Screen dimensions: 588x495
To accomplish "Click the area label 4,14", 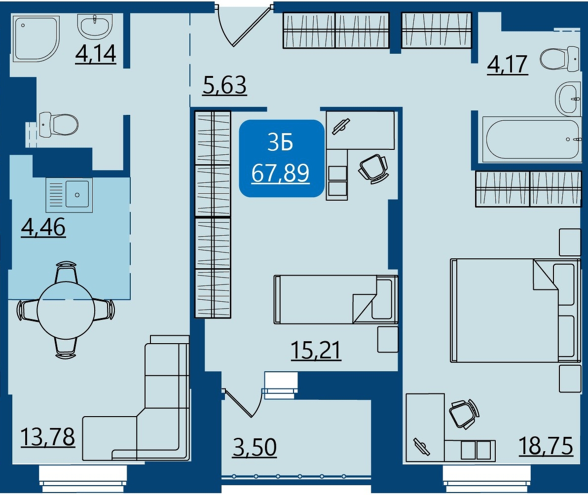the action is pyautogui.click(x=96, y=54).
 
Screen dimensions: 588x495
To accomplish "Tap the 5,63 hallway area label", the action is pyautogui.click(x=224, y=85).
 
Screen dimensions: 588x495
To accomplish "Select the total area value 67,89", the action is pyautogui.click(x=281, y=173).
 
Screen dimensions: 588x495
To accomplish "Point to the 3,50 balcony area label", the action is pyautogui.click(x=255, y=447).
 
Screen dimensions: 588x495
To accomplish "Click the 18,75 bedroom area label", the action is pyautogui.click(x=546, y=446).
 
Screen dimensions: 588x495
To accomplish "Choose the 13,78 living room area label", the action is pyautogui.click(x=48, y=437).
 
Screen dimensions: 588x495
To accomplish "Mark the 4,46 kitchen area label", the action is pyautogui.click(x=43, y=227).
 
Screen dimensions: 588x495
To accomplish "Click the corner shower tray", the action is pyautogui.click(x=37, y=38).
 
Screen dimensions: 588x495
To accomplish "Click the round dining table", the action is pyautogui.click(x=66, y=310).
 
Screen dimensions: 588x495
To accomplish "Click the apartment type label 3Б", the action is pyautogui.click(x=281, y=143).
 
